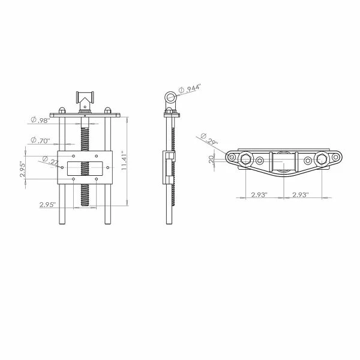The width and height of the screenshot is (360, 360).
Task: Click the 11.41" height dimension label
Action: tap(124, 160)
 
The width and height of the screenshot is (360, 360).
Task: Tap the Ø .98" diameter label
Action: tap(40, 120)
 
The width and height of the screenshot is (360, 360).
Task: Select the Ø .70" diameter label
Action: tap(40, 140)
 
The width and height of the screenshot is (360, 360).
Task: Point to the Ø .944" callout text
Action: tap(190, 89)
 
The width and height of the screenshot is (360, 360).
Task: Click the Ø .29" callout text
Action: tap(209, 139)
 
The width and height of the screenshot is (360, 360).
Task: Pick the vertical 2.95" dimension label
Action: tap(23, 169)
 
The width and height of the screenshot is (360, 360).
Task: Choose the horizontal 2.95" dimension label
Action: tap(47, 205)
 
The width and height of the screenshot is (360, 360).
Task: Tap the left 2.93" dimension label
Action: tap(259, 194)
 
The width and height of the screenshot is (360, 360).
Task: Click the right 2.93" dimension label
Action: tap(301, 194)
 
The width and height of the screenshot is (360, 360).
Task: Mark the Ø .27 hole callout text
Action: tap(50, 160)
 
